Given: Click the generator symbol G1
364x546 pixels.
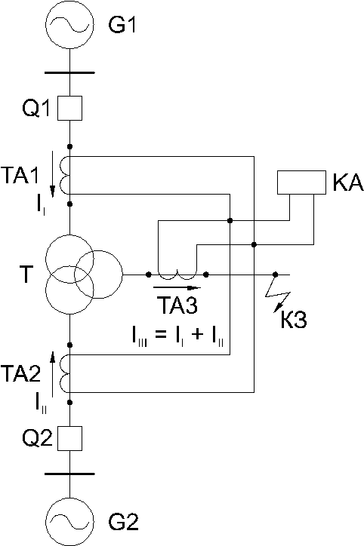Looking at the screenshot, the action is [x=69, y=25].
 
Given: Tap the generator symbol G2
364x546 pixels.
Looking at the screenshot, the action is [x=69, y=521].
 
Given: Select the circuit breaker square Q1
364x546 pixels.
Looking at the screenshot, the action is [x=69, y=109].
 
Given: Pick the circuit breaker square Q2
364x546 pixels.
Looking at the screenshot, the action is [x=69, y=438].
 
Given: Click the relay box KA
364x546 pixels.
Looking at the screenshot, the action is [x=301, y=182].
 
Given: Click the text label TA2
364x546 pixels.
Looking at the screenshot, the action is [x=20, y=373].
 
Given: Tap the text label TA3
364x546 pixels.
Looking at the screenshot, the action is [x=177, y=305].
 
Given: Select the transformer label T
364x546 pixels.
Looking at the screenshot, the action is [x=27, y=274].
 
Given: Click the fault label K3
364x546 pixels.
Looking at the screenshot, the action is [x=294, y=319].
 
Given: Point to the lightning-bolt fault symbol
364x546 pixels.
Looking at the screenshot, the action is [x=278, y=292].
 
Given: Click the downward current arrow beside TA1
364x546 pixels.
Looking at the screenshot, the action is [x=53, y=174].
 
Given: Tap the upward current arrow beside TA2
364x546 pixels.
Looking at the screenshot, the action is [x=53, y=374].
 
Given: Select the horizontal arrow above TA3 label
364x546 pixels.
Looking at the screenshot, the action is [x=177, y=288].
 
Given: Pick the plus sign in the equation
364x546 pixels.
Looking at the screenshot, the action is [x=197, y=336].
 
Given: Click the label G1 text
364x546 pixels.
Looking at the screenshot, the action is [x=122, y=25].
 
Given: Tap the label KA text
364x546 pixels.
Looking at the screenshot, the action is [x=348, y=183].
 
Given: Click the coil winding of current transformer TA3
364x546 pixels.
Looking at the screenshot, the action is [x=177, y=275].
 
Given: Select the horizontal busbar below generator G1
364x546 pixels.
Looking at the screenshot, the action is [x=69, y=73].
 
